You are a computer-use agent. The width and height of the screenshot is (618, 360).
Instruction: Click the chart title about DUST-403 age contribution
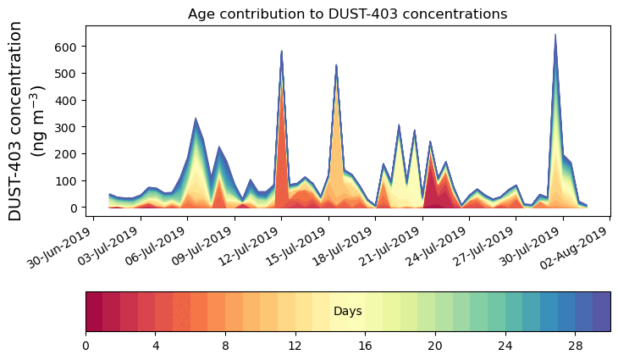347,14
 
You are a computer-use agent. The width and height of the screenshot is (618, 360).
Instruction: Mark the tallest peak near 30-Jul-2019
555,36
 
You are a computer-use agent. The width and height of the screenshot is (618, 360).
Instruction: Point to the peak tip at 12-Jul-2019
281,52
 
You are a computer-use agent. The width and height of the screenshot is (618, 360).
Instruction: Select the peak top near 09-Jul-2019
196,119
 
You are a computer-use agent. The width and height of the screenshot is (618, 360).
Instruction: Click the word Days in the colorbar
347,312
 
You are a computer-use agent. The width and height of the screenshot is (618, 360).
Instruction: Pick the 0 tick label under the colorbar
86,346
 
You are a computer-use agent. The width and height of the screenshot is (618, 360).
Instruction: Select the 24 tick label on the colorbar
505,346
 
